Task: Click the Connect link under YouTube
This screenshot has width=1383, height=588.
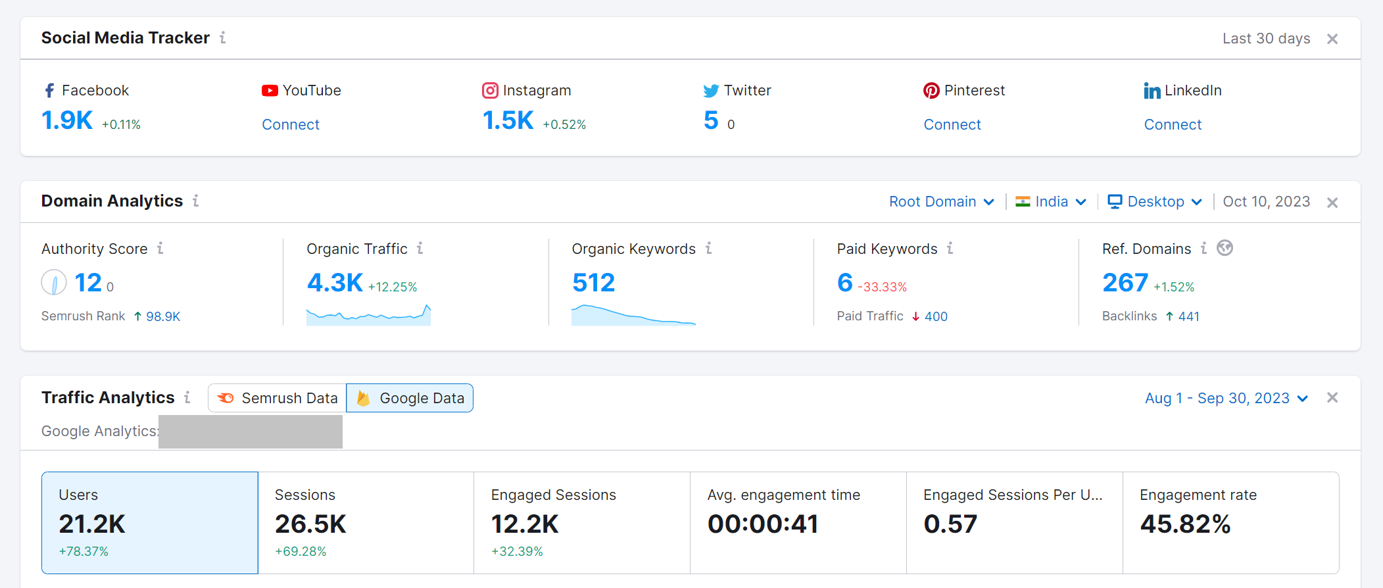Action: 291,124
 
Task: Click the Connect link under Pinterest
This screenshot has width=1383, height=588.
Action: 952,124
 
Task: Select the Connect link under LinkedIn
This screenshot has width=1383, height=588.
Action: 1173,124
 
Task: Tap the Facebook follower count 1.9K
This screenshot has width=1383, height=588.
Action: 67,120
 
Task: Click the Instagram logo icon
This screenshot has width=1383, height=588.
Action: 490,90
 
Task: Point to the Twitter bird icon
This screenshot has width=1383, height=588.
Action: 711,91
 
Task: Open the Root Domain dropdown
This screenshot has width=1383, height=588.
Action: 941,202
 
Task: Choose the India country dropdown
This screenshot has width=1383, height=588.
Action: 1051,202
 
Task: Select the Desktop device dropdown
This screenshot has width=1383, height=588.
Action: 1155,202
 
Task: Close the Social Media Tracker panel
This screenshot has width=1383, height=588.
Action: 1332,39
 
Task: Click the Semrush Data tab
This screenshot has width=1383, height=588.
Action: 278,398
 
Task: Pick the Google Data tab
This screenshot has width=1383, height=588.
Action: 410,398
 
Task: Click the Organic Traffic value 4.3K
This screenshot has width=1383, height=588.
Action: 335,283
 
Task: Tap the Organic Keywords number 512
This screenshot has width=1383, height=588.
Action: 593,283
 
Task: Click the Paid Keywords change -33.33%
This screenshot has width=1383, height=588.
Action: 882,287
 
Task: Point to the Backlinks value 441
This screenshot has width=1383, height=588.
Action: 1188,316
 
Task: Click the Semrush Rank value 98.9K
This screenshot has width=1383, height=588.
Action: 163,316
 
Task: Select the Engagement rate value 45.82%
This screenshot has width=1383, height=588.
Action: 1185,524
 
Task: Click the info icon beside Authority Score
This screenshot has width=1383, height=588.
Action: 160,248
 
